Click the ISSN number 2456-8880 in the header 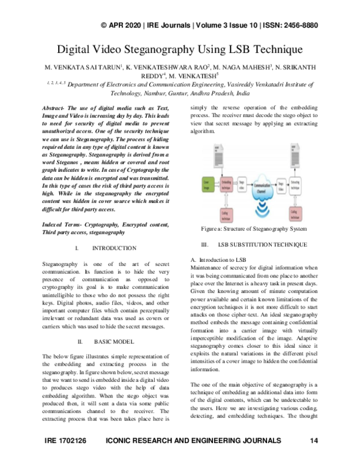(299, 26)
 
